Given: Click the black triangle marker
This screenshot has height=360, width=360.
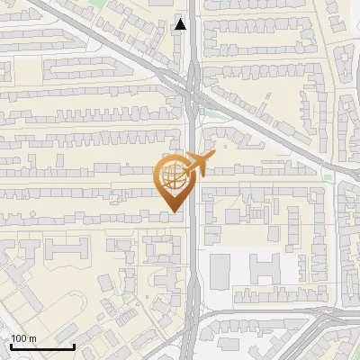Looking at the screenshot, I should [181, 24].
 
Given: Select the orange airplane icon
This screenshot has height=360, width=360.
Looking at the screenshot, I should [198, 166].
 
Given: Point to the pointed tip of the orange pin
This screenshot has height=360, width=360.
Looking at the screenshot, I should [173, 212].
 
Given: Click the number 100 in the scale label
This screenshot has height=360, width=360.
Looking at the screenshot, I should [19, 338].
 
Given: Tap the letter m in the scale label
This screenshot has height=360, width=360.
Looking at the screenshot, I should [32, 338].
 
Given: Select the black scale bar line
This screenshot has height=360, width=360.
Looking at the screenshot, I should [42, 346].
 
